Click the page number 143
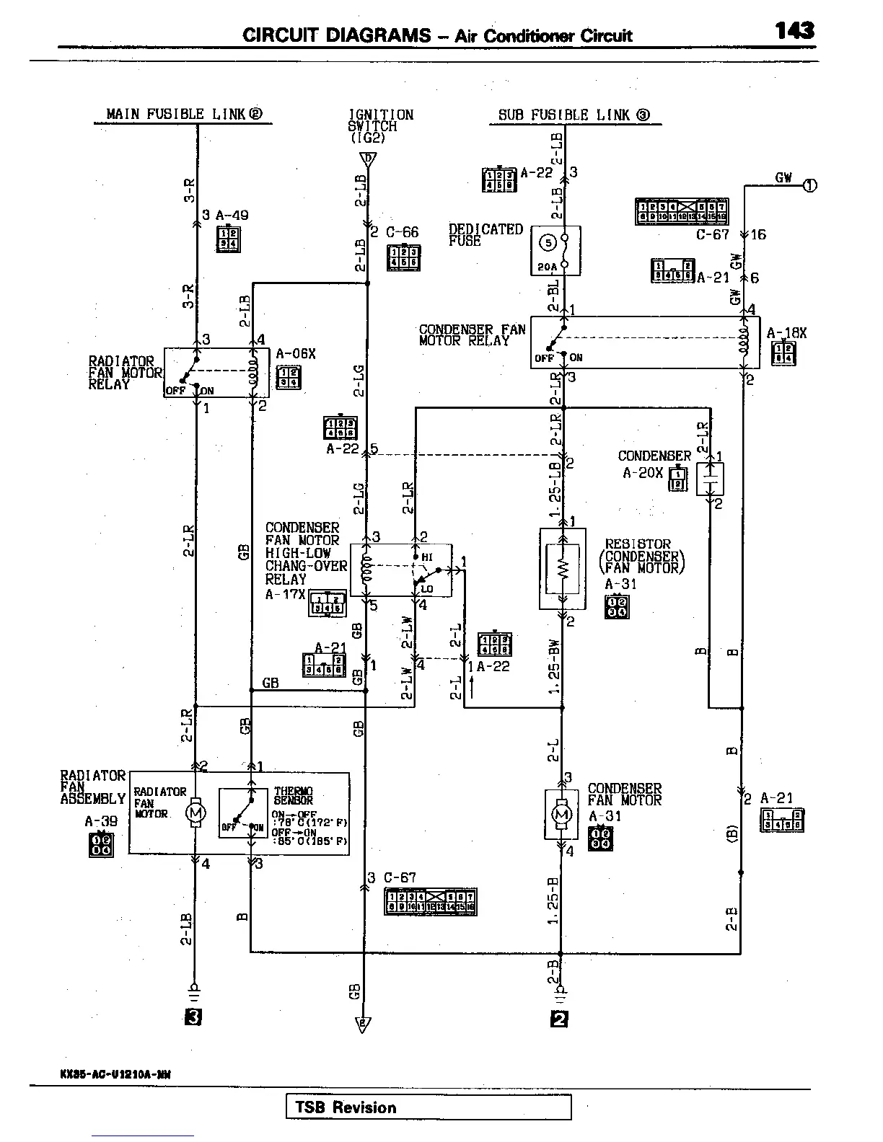[795, 30]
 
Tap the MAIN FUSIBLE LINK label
[184, 114]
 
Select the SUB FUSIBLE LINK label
[574, 115]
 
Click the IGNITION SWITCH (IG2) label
[380, 125]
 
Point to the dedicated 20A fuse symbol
[555, 250]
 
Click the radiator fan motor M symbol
[196, 813]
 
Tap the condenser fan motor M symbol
[561, 814]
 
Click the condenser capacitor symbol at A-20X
[710, 479]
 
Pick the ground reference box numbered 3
[193, 1017]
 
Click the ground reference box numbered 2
[559, 1019]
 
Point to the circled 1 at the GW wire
[810, 185]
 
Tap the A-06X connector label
[296, 354]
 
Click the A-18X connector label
[786, 333]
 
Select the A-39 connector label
[100, 820]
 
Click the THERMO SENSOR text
[293, 796]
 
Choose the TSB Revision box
[429, 1107]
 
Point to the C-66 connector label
[402, 232]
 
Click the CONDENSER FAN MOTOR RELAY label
[472, 335]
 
